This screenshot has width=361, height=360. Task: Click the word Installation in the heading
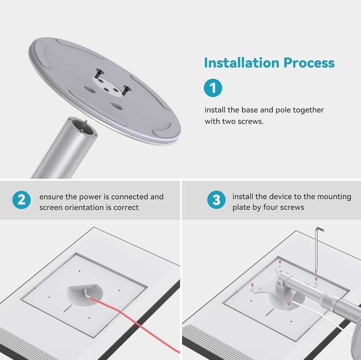pos(242,63)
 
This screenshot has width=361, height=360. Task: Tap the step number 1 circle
pos(213,88)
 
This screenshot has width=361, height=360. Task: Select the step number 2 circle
pos(22,200)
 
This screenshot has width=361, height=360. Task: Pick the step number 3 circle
pos(216,200)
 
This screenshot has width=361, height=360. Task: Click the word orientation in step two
pos(84,208)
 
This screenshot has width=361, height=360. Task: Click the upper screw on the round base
pos(99,74)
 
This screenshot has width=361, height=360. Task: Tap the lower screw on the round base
pos(126,90)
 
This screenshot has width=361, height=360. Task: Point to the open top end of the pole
pos(84,127)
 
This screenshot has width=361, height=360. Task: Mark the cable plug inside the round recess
pos(86,293)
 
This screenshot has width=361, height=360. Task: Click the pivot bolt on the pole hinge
pos(280,283)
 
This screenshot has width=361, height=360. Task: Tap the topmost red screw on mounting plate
pos(280,262)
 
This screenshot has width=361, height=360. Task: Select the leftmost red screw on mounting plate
pos(252,285)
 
